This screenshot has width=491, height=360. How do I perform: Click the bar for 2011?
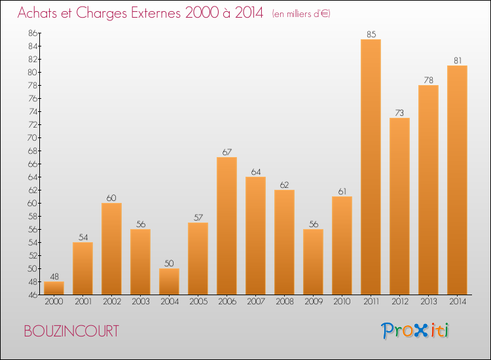click(x=371, y=167)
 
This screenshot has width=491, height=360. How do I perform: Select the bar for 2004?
click(x=169, y=281)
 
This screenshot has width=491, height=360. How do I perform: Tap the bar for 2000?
click(x=54, y=288)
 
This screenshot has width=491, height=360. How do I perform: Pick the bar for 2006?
click(x=227, y=226)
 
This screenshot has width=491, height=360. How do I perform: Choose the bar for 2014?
click(x=457, y=180)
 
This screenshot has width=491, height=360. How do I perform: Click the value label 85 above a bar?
click(x=371, y=35)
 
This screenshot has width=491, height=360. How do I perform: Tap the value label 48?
click(x=54, y=277)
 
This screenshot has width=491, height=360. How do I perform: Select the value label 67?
click(x=227, y=153)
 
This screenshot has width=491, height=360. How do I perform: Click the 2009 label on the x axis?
click(x=313, y=301)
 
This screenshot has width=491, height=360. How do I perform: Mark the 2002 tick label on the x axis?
click(x=111, y=301)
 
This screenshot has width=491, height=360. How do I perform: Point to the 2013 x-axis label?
click(x=428, y=301)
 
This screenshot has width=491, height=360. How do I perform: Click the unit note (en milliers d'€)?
click(x=301, y=14)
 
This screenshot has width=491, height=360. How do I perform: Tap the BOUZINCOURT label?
click(x=71, y=331)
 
